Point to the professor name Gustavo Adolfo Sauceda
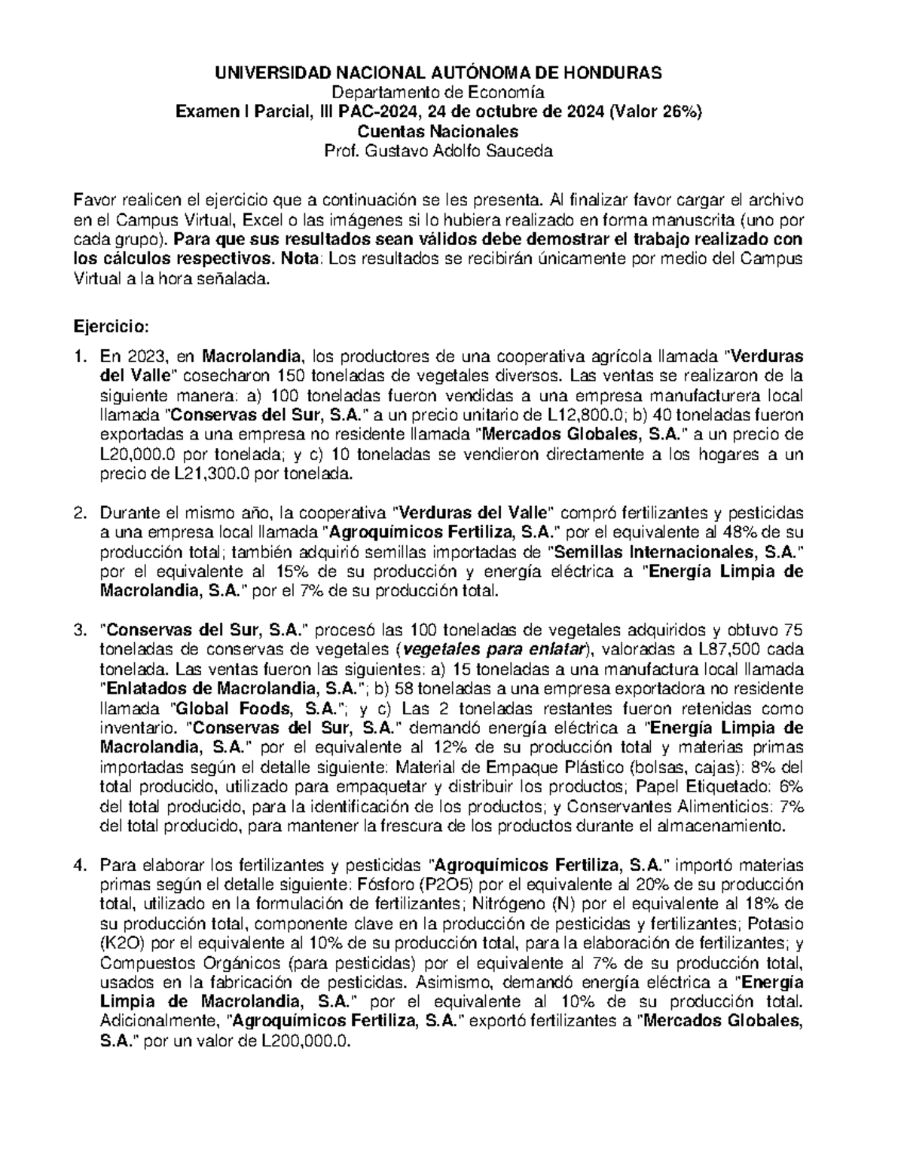click(x=458, y=151)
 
